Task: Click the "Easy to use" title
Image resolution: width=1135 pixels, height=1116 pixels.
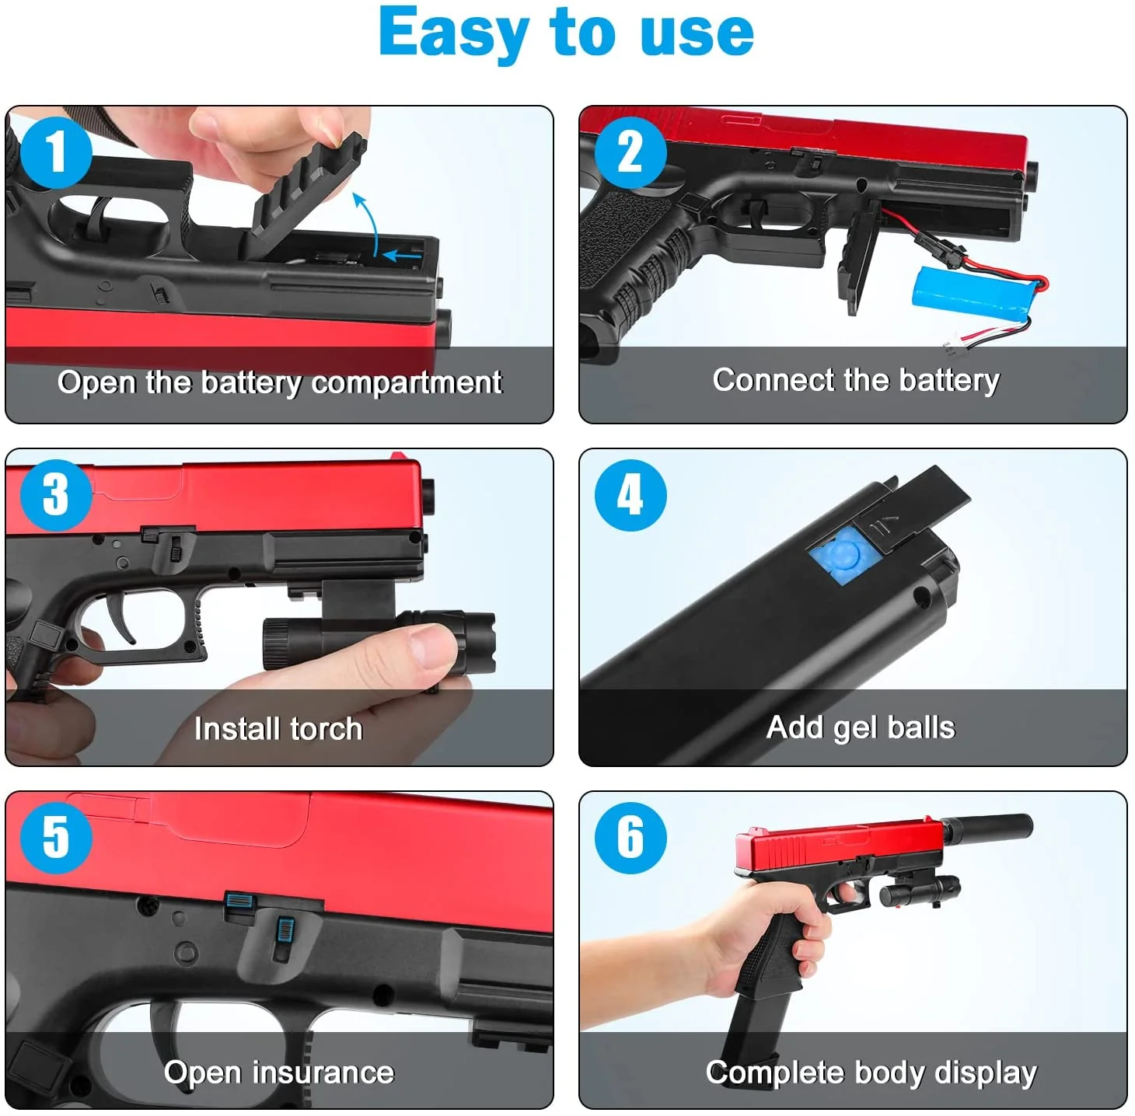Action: (x=566, y=33)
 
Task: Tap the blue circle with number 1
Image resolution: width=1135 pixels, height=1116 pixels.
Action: (x=56, y=152)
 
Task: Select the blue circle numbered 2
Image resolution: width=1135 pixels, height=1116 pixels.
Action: (x=630, y=152)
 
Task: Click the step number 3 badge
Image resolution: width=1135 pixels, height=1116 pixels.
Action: (x=56, y=495)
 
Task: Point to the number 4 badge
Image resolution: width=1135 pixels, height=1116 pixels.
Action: (x=630, y=495)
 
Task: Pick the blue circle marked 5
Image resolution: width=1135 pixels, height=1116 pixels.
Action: (x=56, y=838)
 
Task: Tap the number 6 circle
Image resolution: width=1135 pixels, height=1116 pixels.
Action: (x=630, y=838)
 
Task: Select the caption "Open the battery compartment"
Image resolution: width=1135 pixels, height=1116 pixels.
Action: (x=279, y=382)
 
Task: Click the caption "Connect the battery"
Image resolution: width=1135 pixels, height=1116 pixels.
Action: (x=855, y=380)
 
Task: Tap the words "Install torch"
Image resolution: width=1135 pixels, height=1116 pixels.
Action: (x=278, y=729)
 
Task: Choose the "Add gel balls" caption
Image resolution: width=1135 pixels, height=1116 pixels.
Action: (x=861, y=727)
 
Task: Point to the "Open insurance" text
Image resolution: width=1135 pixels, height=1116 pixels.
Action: (x=279, y=1072)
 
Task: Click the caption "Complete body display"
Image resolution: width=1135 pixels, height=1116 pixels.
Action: (x=871, y=1072)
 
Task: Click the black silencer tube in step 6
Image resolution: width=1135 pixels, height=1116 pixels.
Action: (x=987, y=826)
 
